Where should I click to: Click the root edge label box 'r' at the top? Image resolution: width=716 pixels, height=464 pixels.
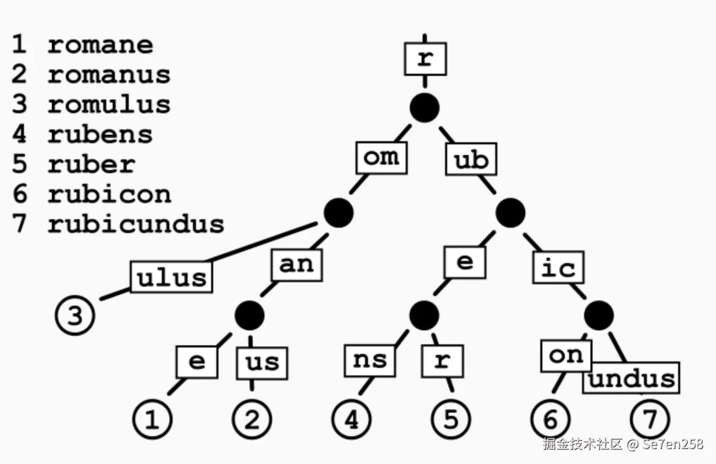pos(425,59)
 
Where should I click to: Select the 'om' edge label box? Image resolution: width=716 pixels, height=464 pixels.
pos(382,158)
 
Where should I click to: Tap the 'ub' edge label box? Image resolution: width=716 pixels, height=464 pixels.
pos(471,159)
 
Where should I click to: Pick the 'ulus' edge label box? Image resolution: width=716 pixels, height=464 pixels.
pos(172,277)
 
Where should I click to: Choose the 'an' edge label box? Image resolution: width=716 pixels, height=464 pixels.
pos(297,265)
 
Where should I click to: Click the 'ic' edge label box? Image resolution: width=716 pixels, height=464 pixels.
pos(558,267)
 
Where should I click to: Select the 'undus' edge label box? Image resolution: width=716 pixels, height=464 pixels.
pos(631,378)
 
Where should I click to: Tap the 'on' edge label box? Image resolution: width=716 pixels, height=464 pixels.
pos(566,355)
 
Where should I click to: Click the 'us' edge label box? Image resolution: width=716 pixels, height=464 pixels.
pos(262,362)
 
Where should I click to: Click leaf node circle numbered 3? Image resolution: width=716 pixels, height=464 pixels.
pos(75,316)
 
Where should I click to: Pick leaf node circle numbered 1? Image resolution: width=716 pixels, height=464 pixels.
pos(152,420)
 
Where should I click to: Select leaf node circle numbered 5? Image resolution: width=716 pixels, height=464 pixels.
pos(452,420)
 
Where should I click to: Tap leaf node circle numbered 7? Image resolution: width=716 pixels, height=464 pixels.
pos(650,420)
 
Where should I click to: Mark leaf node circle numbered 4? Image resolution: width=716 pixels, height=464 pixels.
pos(352,420)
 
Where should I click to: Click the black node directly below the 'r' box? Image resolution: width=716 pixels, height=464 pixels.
pos(425,107)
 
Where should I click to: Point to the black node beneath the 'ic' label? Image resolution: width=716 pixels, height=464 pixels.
pos(598,316)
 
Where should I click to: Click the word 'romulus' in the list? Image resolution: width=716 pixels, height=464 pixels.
pos(109,104)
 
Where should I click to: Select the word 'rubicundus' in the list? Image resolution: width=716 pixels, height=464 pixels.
pos(136,223)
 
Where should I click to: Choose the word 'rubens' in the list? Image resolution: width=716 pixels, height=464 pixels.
pos(100,134)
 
